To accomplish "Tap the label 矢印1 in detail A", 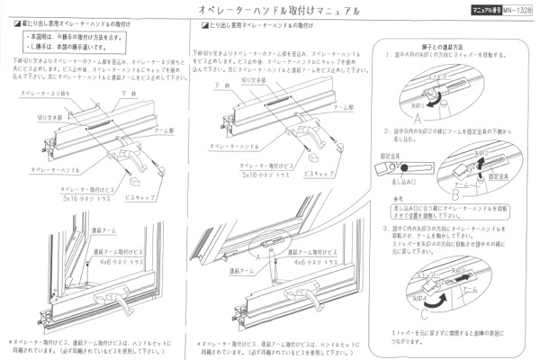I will pos(416,103).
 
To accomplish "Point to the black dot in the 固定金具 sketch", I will pos(403,167).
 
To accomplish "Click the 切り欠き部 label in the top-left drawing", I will pos(46,116).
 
